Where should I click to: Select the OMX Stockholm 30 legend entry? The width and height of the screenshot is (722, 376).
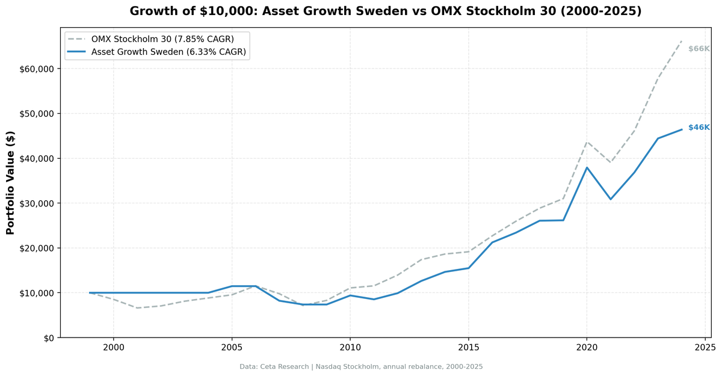(162, 39)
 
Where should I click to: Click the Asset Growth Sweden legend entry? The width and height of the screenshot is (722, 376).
(168, 52)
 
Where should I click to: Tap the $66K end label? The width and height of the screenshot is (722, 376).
(699, 49)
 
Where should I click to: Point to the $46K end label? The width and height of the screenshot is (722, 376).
(699, 128)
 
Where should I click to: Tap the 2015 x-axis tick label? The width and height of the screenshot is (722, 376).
(468, 347)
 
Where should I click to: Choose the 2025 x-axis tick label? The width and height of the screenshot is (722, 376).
(705, 347)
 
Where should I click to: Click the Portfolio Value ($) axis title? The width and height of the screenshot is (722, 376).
(10, 182)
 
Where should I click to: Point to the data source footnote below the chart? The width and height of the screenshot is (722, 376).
(361, 366)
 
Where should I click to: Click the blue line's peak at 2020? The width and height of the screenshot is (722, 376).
(587, 167)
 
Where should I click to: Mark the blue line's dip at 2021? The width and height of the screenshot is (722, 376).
(610, 199)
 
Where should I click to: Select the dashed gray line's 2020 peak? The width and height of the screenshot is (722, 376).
(587, 142)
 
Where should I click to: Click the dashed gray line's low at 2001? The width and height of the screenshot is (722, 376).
(137, 308)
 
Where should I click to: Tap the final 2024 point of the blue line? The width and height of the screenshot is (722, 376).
(681, 129)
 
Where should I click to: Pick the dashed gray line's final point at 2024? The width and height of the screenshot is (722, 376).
(681, 41)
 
